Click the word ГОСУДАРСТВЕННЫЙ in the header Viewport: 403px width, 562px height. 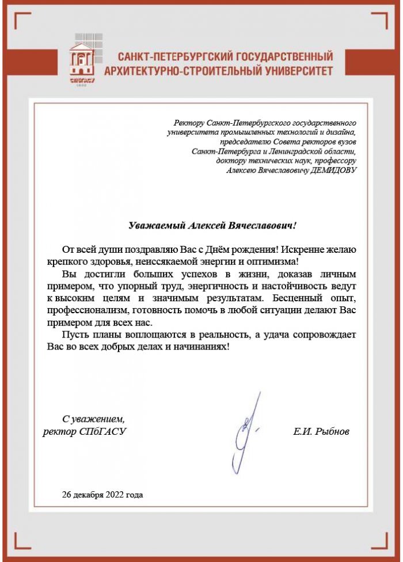[x=280, y=57]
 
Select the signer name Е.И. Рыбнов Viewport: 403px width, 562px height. [x=321, y=431]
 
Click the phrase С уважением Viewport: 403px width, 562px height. [x=93, y=419]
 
